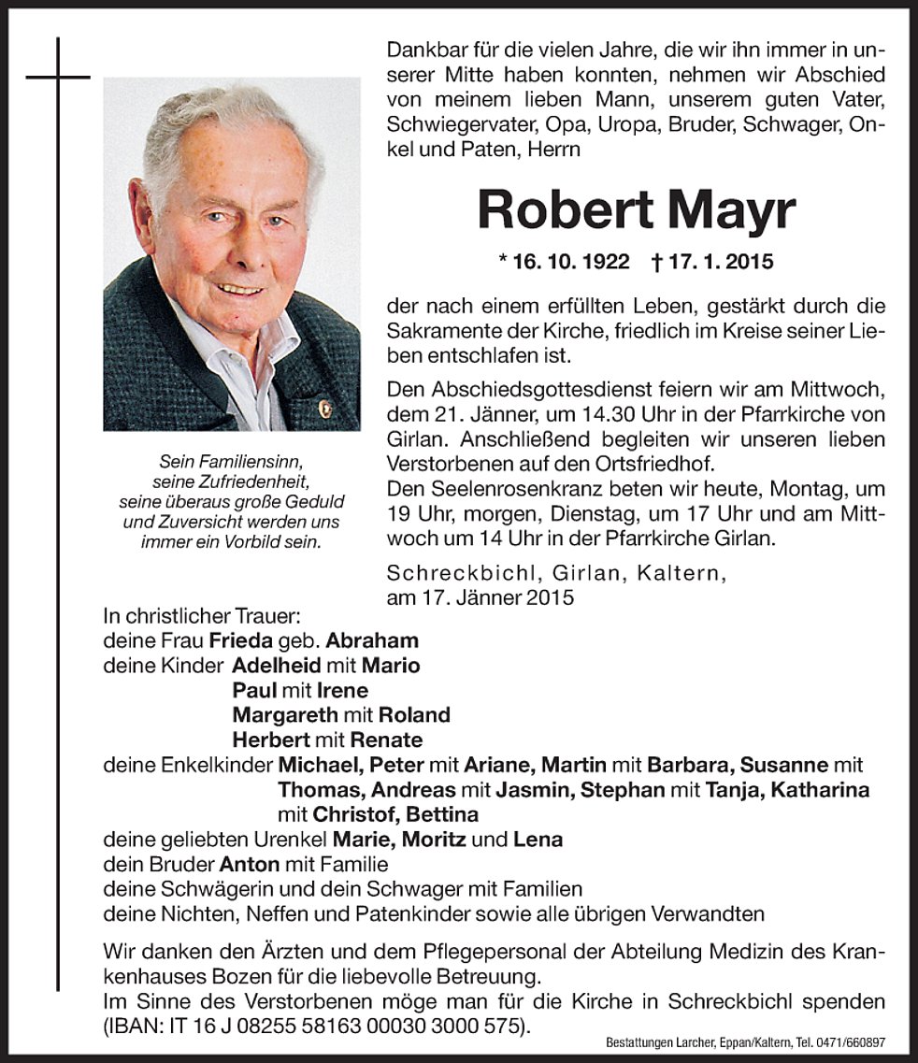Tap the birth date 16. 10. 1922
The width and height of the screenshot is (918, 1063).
[566, 262]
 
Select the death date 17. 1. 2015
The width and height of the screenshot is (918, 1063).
[716, 262]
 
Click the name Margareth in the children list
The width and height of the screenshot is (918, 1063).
[282, 714]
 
